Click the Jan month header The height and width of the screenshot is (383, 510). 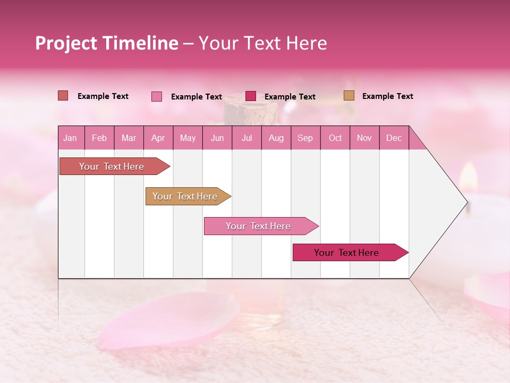click(70, 138)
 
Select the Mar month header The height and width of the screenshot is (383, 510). click(129, 138)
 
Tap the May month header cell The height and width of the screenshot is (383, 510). click(188, 138)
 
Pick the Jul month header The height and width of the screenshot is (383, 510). click(246, 138)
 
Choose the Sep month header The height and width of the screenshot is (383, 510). click(305, 138)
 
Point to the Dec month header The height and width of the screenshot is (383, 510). click(394, 138)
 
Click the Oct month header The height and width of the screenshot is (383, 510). click(335, 138)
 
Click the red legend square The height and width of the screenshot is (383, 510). click(63, 96)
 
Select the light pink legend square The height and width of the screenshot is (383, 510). click(157, 96)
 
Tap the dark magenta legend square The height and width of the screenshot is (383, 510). click(251, 96)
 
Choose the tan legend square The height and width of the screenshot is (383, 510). click(349, 96)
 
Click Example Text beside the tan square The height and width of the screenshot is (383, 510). click(387, 96)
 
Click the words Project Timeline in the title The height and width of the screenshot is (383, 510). click(107, 43)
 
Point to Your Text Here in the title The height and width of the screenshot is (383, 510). click(263, 43)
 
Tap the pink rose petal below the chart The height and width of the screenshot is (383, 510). click(170, 319)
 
